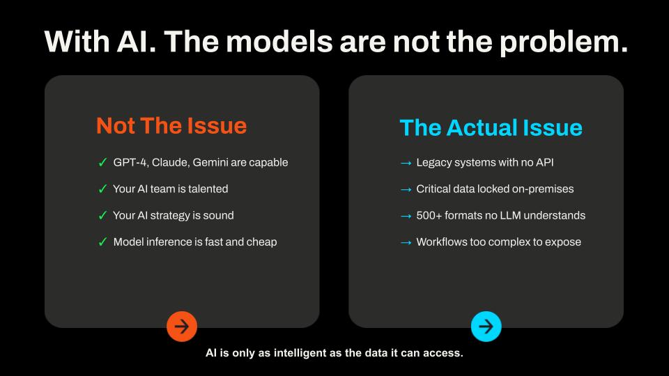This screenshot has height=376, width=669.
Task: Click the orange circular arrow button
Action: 182,327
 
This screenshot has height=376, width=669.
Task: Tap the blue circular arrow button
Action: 486,327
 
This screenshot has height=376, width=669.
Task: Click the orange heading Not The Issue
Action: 171,126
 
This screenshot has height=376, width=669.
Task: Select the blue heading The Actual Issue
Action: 491,127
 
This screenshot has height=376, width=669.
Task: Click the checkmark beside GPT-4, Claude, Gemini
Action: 102,162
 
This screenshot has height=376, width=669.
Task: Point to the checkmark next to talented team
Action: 102,189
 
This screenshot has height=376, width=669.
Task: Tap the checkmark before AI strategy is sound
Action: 102,215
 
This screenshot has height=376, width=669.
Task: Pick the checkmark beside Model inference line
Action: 102,242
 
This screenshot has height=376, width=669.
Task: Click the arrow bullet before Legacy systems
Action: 406,163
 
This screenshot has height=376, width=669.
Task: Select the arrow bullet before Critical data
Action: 406,189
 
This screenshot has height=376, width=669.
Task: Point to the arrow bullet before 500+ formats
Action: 406,216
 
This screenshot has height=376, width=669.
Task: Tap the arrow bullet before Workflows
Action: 406,242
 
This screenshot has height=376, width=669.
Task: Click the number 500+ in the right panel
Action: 429,215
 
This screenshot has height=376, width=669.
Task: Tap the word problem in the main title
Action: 564,42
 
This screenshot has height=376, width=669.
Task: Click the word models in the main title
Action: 279,42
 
